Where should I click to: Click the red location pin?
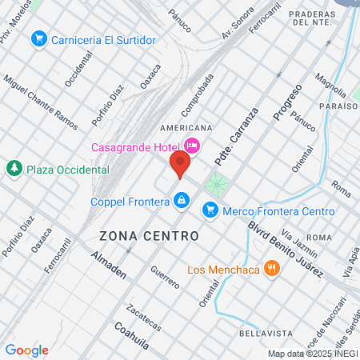(x=179, y=165)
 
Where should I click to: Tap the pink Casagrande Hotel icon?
(x=192, y=146)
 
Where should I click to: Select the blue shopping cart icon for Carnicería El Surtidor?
(x=38, y=38)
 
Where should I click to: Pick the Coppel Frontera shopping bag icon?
(x=182, y=200)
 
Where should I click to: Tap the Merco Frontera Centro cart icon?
(x=210, y=210)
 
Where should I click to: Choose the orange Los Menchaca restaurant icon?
(x=272, y=269)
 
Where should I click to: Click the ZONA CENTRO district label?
(x=149, y=236)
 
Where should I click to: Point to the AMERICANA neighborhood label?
(x=186, y=128)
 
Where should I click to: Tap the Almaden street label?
(x=109, y=267)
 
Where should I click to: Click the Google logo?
(x=26, y=350)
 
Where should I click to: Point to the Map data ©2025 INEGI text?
(x=313, y=354)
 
